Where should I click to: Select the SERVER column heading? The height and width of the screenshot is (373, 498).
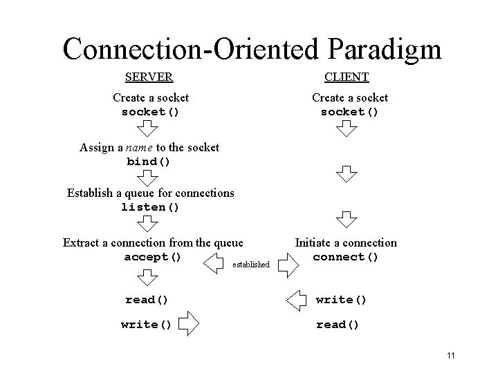149,77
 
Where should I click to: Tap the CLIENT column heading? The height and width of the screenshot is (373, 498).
347,77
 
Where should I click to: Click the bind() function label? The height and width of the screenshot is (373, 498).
149,162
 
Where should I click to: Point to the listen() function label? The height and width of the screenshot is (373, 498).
150,207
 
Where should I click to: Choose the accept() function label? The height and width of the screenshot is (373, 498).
153,257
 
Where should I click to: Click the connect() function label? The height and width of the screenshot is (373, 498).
346,257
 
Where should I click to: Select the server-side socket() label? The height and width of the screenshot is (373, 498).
150,111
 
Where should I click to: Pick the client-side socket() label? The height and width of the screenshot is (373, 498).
349,111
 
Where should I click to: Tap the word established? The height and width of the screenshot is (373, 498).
251,265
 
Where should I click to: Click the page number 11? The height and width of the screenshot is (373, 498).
451,356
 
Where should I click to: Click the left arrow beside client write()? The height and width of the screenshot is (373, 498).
297,300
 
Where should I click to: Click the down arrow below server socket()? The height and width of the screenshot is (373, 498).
147,128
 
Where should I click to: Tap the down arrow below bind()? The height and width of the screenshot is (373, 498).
147,178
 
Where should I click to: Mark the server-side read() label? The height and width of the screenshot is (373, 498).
147,300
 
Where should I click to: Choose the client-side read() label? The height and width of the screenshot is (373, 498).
338,325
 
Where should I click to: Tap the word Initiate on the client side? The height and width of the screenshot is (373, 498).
314,242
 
